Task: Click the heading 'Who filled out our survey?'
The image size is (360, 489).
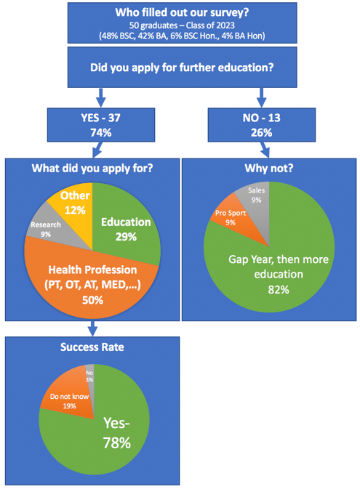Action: click(x=180, y=12)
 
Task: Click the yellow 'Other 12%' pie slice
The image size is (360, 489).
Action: click(x=73, y=204)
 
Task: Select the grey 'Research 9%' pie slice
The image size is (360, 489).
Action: click(x=44, y=229)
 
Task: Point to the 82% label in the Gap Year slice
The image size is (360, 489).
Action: click(x=273, y=289)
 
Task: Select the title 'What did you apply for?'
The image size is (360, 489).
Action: click(x=92, y=169)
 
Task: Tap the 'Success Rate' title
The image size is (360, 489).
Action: click(x=92, y=347)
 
